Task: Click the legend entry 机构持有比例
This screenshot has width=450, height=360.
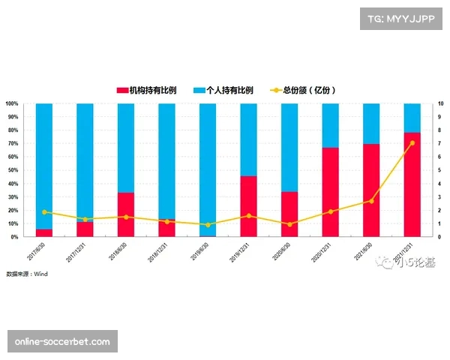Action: tap(147, 90)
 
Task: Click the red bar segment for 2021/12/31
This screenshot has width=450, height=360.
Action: tap(412, 184)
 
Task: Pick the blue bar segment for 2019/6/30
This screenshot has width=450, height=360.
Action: tap(208, 169)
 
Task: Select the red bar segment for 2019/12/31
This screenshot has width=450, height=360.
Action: tap(248, 206)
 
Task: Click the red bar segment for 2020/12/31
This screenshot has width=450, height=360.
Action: tap(330, 192)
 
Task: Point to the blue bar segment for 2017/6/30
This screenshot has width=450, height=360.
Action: tap(44, 166)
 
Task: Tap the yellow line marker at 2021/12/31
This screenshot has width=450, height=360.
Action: tap(412, 143)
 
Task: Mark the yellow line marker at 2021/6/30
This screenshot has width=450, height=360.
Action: tap(371, 201)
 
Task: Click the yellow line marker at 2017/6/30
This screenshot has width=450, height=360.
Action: tap(44, 212)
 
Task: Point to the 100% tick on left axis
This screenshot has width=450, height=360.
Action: tap(12, 103)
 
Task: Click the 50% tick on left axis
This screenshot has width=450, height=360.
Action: tap(12, 170)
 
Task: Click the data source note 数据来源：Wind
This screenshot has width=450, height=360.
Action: tap(27, 274)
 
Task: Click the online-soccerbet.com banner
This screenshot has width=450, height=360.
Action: tap(63, 342)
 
